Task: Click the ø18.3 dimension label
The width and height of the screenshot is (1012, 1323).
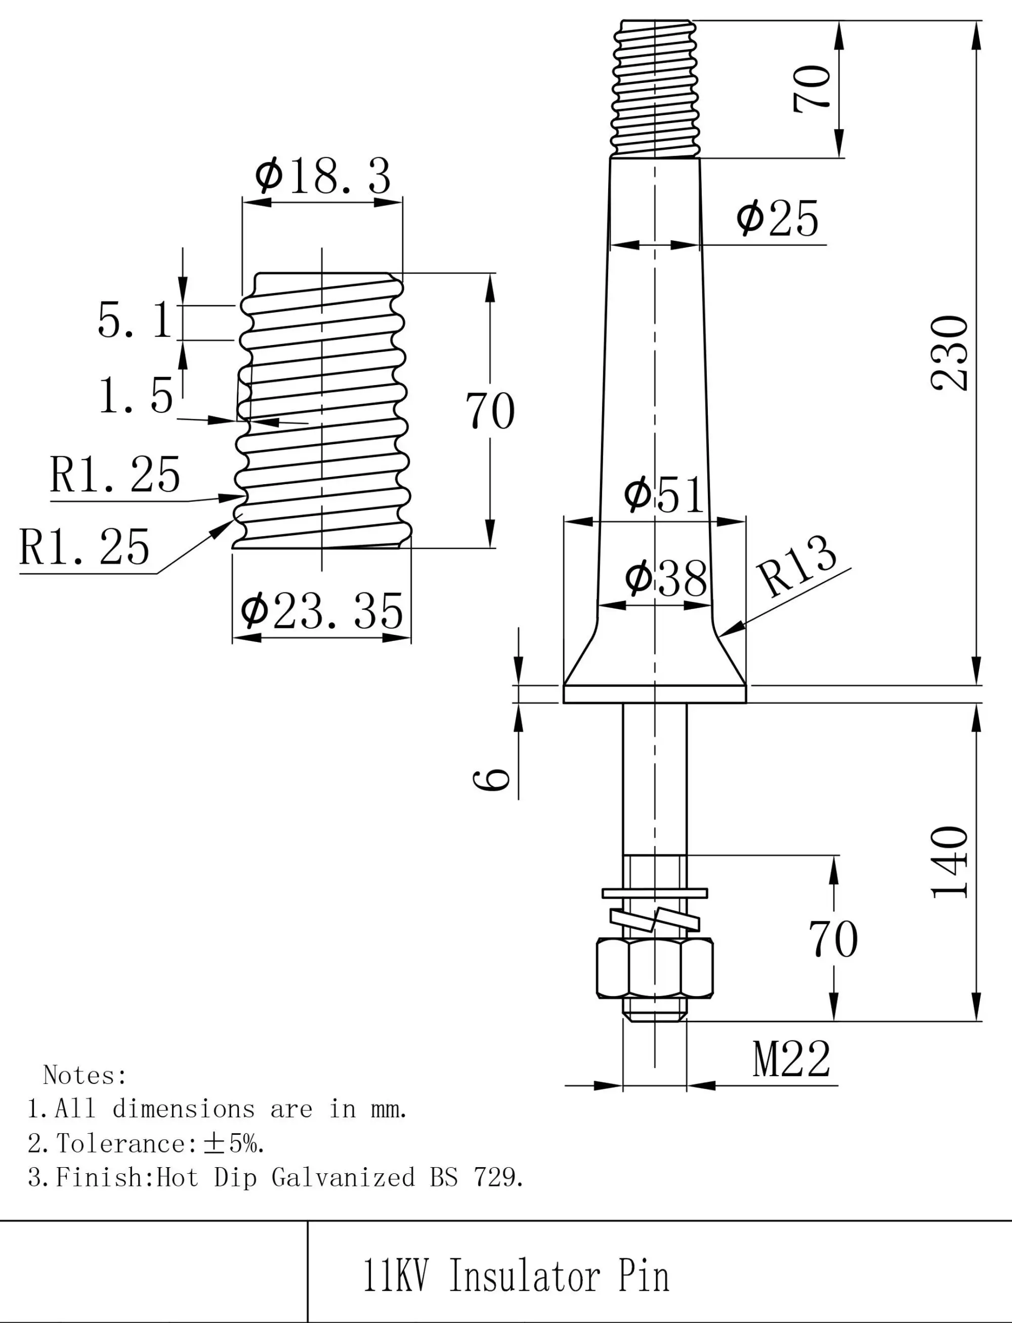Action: [x=323, y=176]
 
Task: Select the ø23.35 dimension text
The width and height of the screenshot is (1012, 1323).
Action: [x=322, y=611]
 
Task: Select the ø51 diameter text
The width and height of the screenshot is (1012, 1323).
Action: [x=663, y=495]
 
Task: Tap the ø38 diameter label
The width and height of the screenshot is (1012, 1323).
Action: [x=665, y=579]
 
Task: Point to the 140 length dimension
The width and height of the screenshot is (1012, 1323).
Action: [x=949, y=862]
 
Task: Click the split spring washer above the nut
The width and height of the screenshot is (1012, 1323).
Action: [x=655, y=920]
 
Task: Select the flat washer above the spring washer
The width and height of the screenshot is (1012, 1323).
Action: [x=655, y=892]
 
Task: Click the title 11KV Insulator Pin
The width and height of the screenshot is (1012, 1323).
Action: [x=516, y=1275]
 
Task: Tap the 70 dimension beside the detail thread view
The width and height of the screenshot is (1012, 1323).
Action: [x=490, y=411]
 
